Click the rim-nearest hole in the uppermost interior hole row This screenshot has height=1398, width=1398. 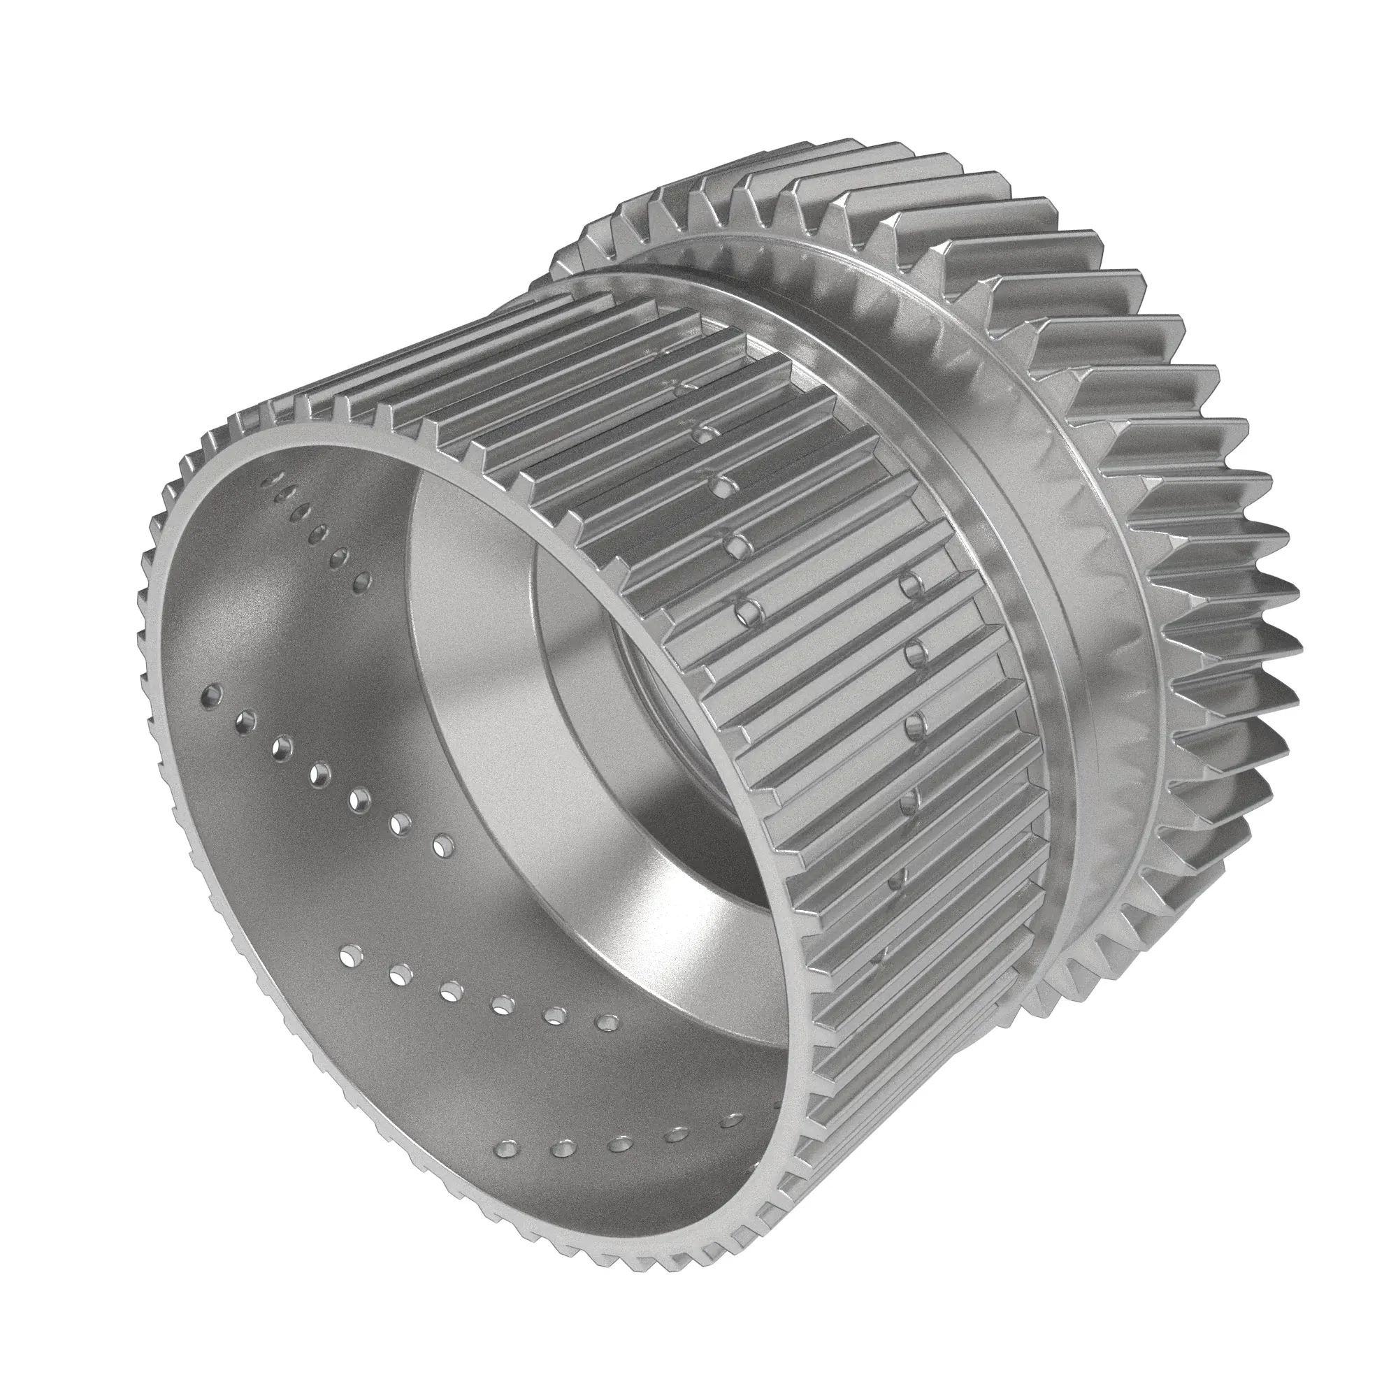coord(276,478)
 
